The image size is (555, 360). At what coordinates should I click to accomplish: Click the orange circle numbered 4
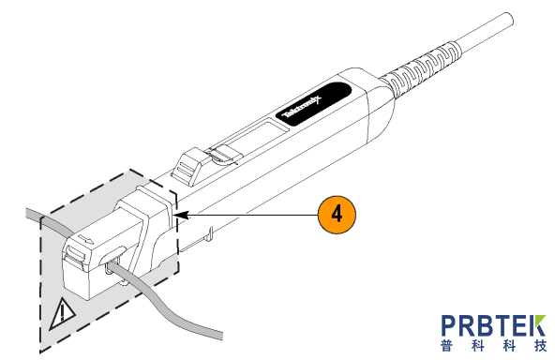coord(337,215)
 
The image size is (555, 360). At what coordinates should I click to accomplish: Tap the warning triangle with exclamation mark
coord(62,314)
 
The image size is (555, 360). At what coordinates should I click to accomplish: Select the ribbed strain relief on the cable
coord(421,67)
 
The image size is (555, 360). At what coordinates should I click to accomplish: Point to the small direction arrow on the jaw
coord(86,238)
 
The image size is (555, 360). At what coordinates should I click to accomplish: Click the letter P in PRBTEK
coord(452,325)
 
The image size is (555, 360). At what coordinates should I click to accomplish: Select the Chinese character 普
coord(447,346)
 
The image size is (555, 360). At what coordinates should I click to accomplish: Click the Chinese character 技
coord(541,346)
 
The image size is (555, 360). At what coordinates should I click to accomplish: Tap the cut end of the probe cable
coord(509,19)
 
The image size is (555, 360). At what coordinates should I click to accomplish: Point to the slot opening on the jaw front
coord(74,253)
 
